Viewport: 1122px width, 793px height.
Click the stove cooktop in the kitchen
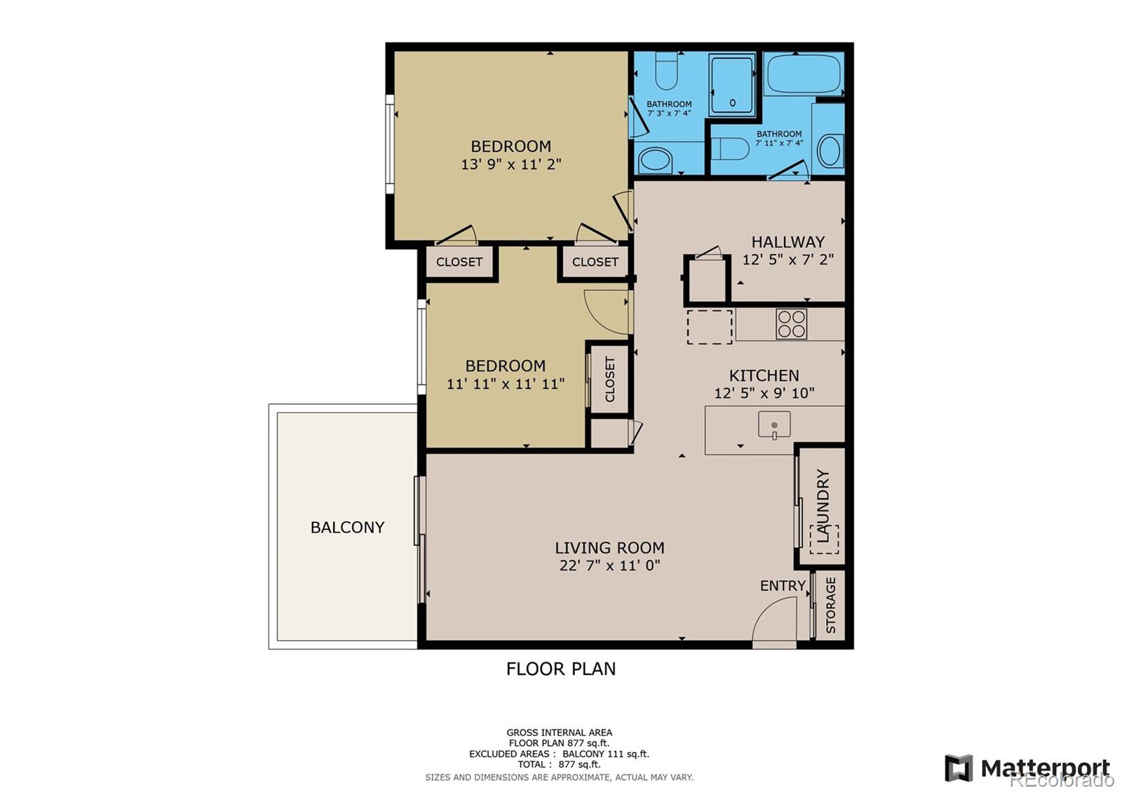click(791, 324)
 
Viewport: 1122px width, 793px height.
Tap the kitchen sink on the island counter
click(774, 425)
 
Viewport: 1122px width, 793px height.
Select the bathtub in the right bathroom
click(803, 74)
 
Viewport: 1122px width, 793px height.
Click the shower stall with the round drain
click(732, 86)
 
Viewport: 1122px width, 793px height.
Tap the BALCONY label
click(347, 527)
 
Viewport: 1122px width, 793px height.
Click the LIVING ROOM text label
click(609, 547)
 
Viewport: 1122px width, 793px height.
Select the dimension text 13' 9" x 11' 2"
click(511, 165)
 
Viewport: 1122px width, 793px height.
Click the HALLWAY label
click(788, 241)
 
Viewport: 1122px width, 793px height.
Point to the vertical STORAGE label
click(831, 605)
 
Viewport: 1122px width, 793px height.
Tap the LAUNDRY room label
click(823, 505)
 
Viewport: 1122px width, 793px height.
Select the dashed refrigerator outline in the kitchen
click(709, 326)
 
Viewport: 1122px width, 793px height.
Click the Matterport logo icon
click(959, 768)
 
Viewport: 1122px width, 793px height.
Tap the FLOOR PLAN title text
click(561, 669)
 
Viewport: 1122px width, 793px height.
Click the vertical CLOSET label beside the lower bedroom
click(609, 379)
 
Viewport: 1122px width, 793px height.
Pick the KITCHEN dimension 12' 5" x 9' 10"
click(764, 393)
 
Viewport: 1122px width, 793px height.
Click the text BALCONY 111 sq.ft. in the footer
click(606, 754)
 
